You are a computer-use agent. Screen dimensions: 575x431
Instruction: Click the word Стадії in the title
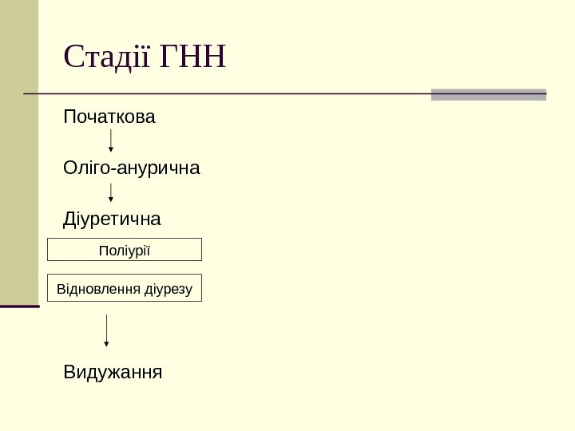(x=108, y=57)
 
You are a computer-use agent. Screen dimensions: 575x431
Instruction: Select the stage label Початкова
(x=109, y=118)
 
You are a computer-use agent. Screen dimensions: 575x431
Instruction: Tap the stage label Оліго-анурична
(x=132, y=169)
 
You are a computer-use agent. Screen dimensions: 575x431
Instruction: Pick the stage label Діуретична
(x=112, y=219)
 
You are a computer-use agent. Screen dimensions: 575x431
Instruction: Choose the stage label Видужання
(x=113, y=372)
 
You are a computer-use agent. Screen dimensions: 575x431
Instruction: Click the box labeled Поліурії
(x=125, y=250)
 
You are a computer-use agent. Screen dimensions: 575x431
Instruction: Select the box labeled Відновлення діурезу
(x=125, y=288)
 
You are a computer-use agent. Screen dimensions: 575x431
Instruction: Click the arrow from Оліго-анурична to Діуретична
(x=110, y=192)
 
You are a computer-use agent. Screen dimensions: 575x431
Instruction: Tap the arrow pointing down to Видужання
(x=106, y=330)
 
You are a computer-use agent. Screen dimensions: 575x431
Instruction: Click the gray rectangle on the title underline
(x=488, y=94)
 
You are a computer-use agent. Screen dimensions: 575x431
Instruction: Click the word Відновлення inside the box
(x=99, y=288)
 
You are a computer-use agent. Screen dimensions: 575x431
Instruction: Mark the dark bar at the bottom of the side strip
(x=19, y=306)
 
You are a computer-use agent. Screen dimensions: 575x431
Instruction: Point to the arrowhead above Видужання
(x=106, y=343)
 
